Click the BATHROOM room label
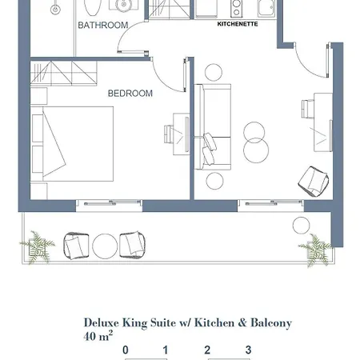103,25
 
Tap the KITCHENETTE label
238,24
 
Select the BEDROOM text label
130,94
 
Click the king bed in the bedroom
72,144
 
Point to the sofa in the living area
213,127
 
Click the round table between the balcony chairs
105,246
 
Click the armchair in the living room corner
314,182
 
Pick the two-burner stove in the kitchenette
236,9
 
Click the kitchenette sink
266,9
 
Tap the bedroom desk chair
169,134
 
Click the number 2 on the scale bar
207,350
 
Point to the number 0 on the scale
126,350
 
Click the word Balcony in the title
271,323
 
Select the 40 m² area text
98,336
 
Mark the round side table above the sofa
214,72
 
